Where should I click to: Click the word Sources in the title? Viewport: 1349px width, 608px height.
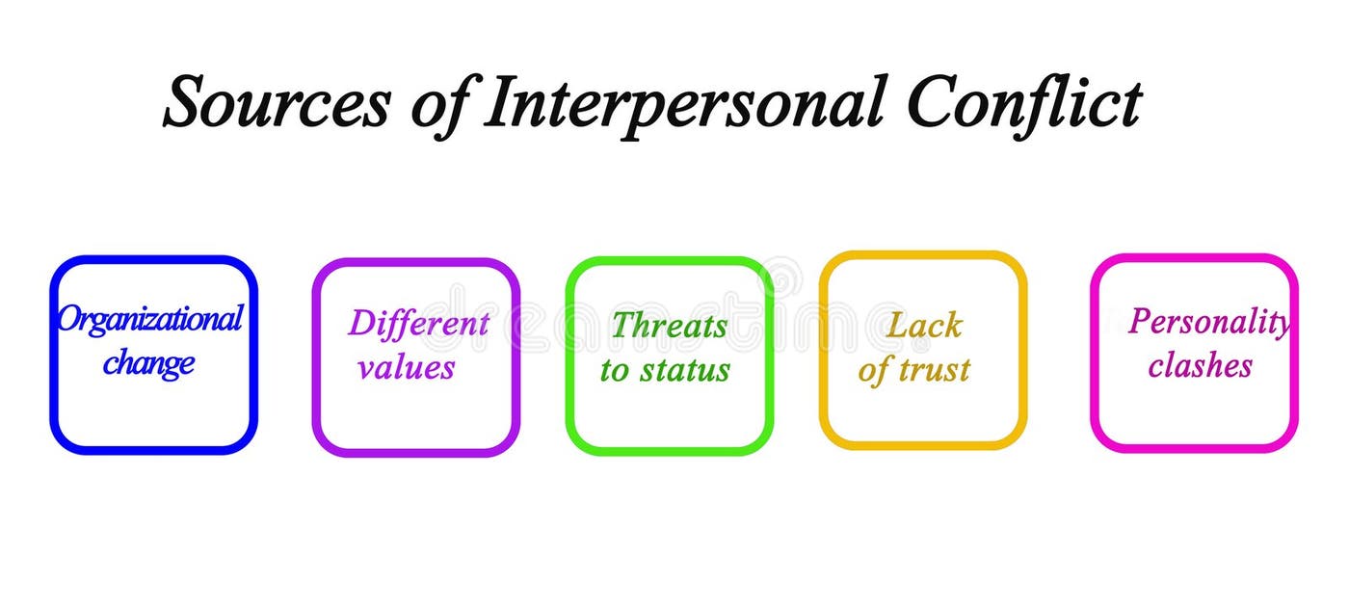pos(276,103)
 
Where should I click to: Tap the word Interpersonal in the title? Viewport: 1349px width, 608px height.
pos(682,103)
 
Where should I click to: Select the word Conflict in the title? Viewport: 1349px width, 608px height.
pos(1024,103)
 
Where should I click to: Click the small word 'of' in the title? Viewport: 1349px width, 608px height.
pos(439,103)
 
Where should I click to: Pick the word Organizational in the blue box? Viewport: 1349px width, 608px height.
pos(149,319)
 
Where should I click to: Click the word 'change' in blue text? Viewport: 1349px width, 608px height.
pos(149,363)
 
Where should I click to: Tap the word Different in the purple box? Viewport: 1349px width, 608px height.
pos(418,324)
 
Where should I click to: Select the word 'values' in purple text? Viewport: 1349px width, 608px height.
pos(407,367)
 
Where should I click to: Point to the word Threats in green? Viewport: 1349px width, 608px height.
pos(669,326)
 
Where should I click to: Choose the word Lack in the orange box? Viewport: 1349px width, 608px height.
pos(923,326)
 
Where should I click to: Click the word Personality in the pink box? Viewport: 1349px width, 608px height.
pos(1208,322)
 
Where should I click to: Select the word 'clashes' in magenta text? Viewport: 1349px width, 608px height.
pos(1200,366)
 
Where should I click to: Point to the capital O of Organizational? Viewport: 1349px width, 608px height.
pos(69,319)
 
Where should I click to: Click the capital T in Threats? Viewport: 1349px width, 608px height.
pos(622,326)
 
